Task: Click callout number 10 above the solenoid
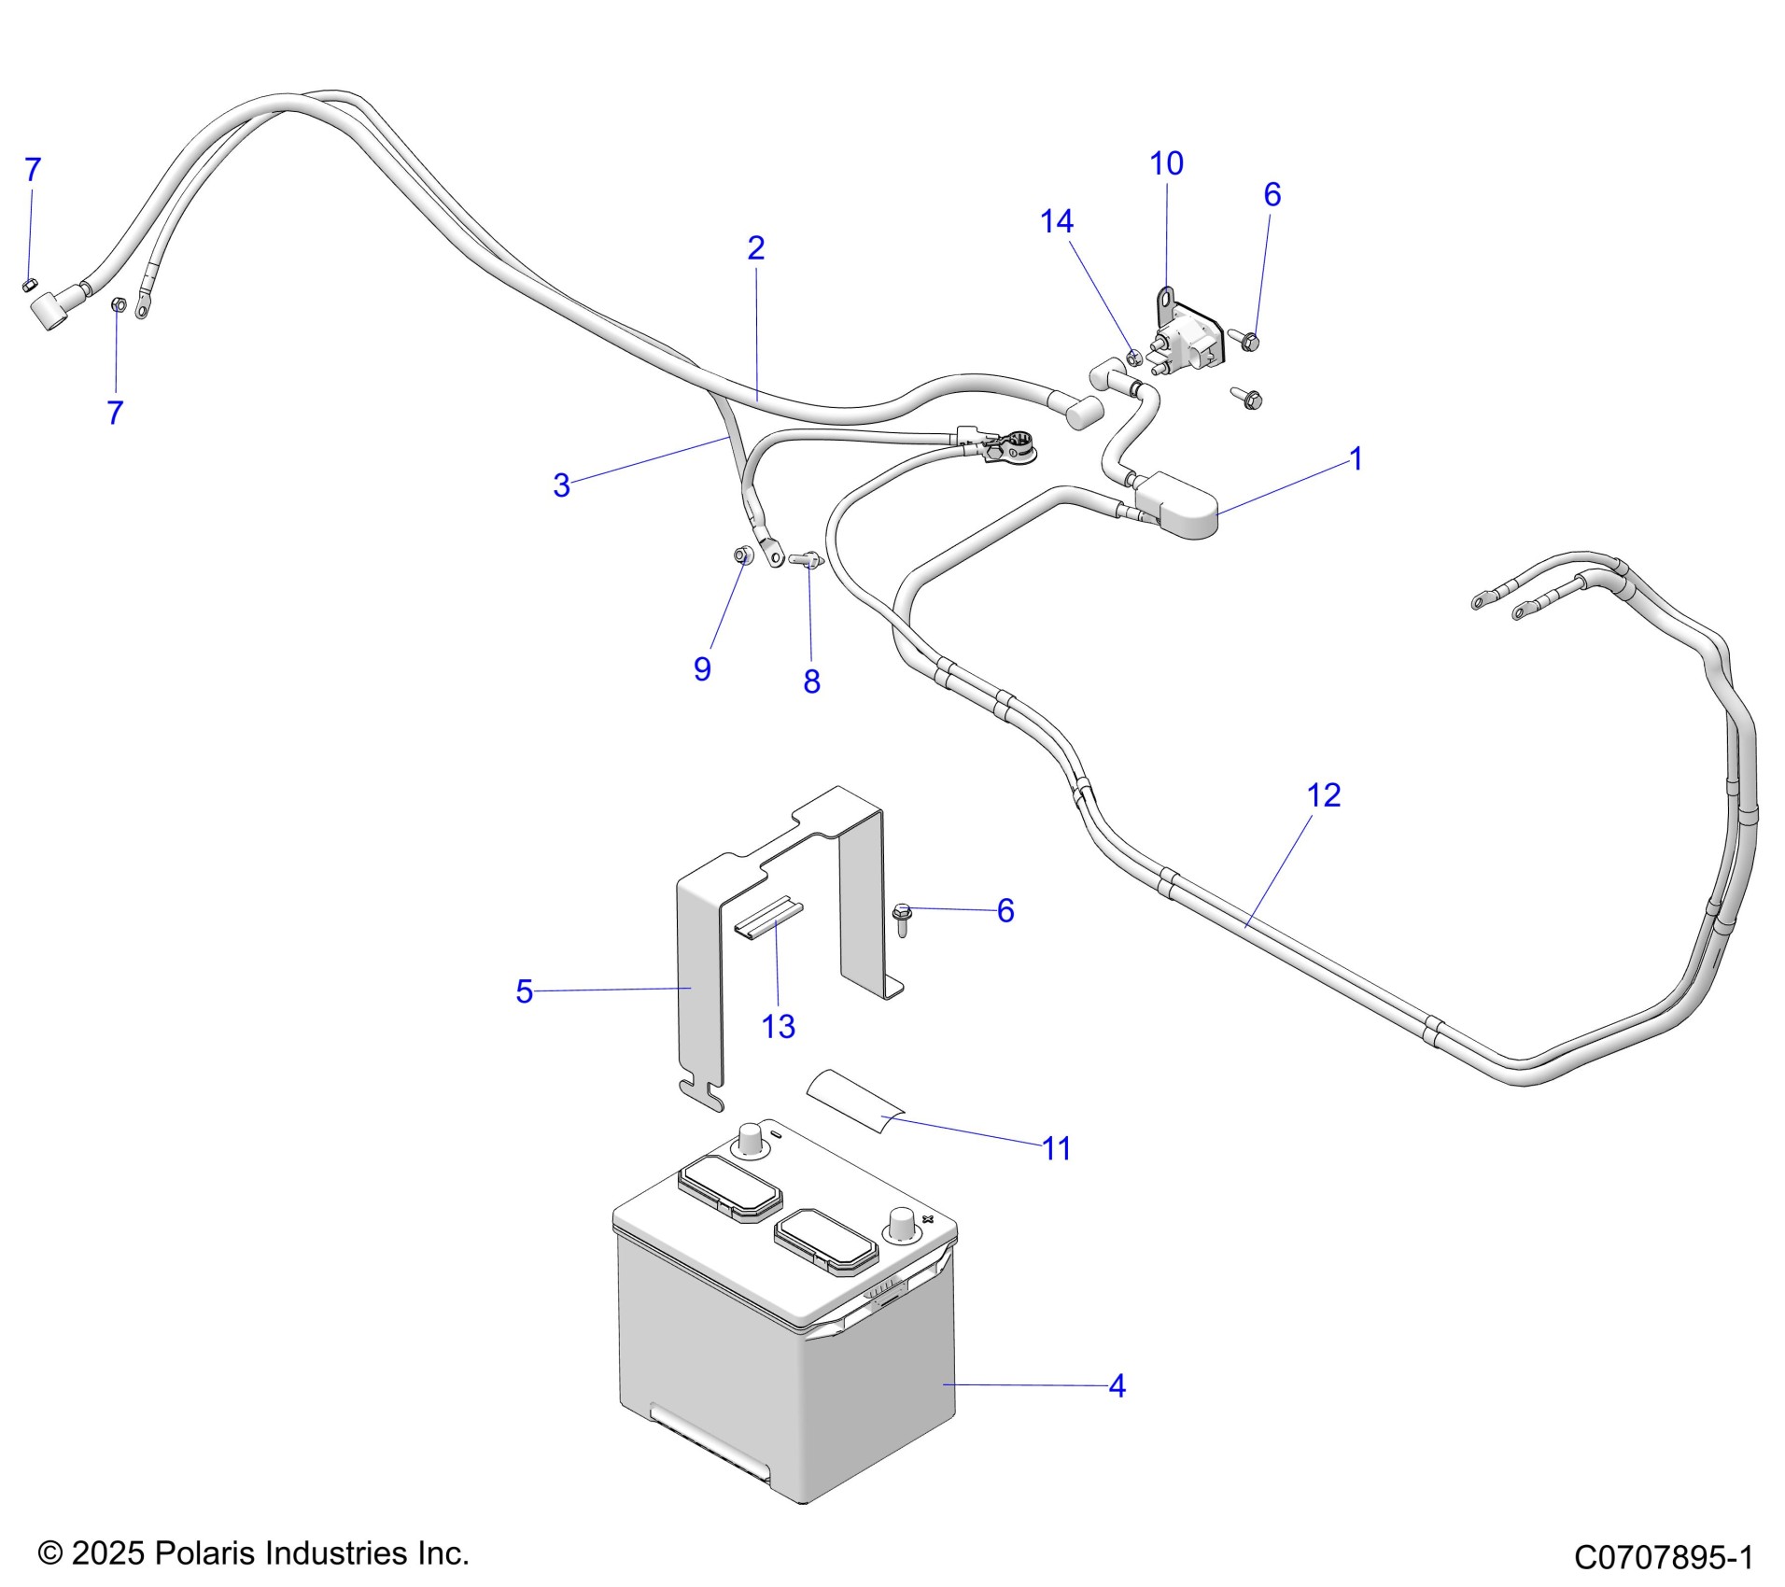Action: tap(1166, 164)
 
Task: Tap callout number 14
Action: tap(1057, 222)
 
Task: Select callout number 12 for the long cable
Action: tap(1323, 795)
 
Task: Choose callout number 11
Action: tap(1056, 1149)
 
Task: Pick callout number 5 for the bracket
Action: tap(524, 991)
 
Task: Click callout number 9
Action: tap(702, 669)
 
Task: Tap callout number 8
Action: tap(811, 682)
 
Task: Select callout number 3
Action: tap(561, 485)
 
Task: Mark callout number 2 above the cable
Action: tap(755, 248)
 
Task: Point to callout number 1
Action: tap(1356, 459)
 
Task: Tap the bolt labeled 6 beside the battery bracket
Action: tap(902, 919)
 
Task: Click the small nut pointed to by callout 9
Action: tap(741, 555)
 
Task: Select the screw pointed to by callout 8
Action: tap(804, 560)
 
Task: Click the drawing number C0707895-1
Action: tap(1664, 1557)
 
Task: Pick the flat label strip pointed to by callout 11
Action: tap(855, 1102)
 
